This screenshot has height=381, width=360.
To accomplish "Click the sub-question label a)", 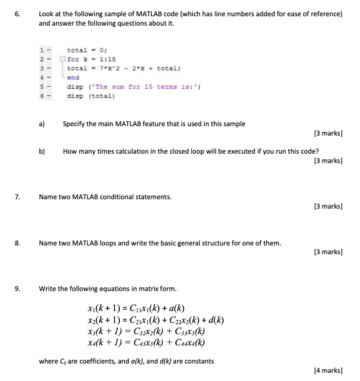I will [42, 124].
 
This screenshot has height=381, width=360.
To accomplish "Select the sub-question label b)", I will [42, 151].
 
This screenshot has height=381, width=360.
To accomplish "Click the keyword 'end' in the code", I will [73, 77].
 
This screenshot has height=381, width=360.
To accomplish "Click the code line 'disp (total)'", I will [90, 96].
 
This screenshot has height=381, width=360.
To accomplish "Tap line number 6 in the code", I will [41, 96].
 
